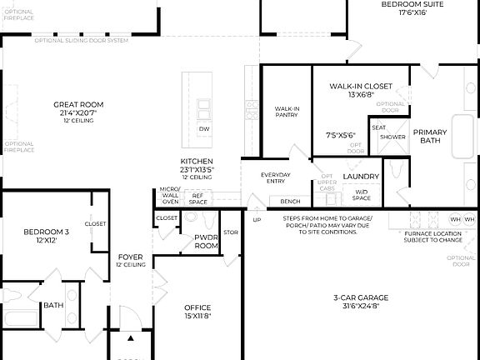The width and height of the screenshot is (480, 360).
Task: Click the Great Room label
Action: click(78, 105)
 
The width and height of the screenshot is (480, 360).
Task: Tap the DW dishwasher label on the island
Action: click(204, 129)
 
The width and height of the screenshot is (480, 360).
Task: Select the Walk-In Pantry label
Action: click(287, 111)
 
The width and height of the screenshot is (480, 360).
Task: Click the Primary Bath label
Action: click(430, 136)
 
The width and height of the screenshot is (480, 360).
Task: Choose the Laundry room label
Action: click(361, 177)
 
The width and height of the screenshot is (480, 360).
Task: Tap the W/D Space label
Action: click(361, 194)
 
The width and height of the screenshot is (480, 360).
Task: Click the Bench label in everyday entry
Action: click(290, 202)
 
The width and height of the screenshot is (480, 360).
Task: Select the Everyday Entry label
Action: click(276, 177)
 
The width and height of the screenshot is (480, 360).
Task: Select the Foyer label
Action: click(130, 257)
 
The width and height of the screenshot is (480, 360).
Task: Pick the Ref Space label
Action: click(198, 198)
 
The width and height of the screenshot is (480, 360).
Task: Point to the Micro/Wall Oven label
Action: click(170, 195)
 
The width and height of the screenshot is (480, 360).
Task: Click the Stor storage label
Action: click(231, 233)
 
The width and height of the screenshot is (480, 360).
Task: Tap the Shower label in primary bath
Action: click(392, 137)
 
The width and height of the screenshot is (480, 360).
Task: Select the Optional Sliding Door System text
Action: click(81, 40)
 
